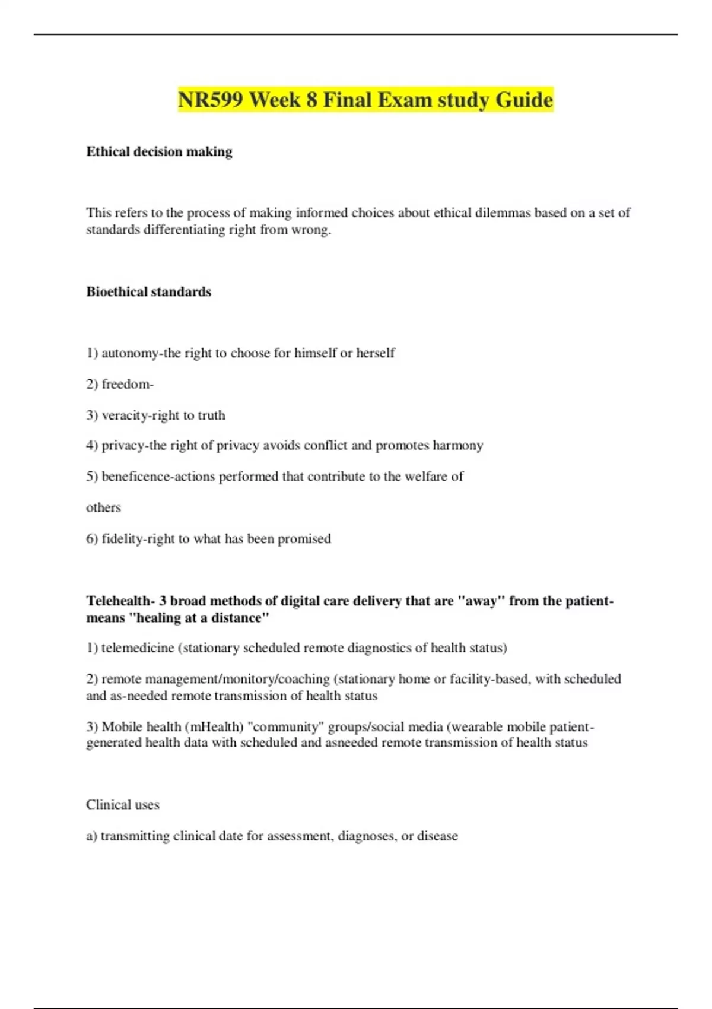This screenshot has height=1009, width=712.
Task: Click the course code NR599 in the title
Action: click(211, 100)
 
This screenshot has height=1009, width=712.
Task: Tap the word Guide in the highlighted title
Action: click(524, 100)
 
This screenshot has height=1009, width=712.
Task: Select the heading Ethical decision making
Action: click(159, 152)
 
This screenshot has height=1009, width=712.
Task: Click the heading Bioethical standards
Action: click(148, 292)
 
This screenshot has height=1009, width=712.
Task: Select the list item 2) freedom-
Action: click(120, 384)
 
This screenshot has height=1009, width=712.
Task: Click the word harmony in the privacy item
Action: click(457, 446)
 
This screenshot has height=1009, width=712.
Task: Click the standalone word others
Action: click(103, 507)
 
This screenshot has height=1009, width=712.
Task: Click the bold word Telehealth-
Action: click(120, 601)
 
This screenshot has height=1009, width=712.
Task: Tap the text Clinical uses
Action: click(123, 805)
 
